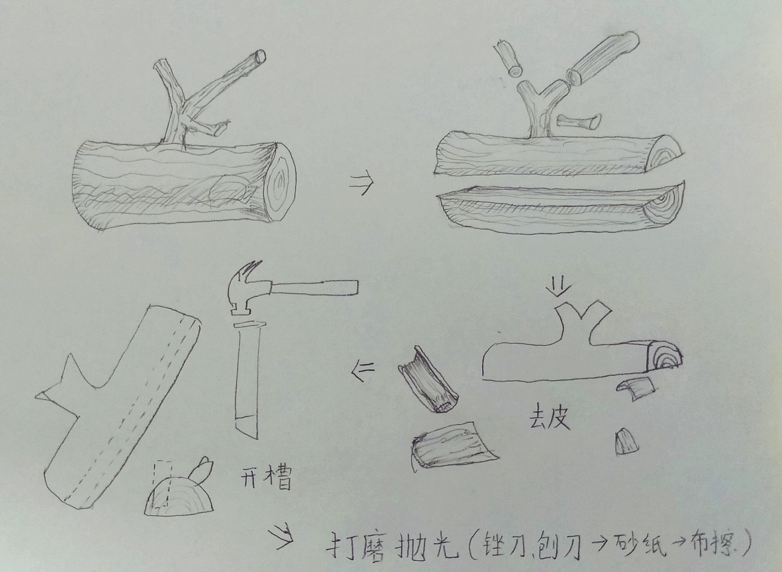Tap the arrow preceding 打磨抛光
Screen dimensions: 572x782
pos(283,536)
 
